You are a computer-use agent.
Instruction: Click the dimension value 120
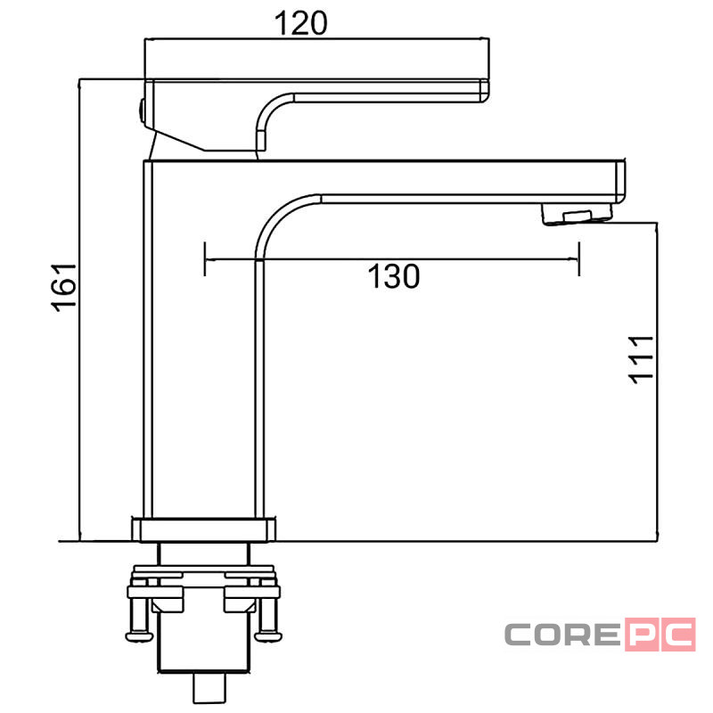pyautogui.click(x=300, y=23)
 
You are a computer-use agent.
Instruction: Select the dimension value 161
pyautogui.click(x=63, y=287)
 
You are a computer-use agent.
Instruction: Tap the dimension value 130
pyautogui.click(x=394, y=276)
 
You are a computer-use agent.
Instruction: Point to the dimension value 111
pyautogui.click(x=641, y=360)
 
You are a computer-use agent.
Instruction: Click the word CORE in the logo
pyautogui.click(x=562, y=634)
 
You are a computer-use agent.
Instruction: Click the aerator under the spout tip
pyautogui.click(x=577, y=214)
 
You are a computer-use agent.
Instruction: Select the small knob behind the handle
pyautogui.click(x=142, y=111)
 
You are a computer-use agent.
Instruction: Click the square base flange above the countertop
pyautogui.click(x=204, y=529)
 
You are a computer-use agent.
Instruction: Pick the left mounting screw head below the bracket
pyautogui.click(x=139, y=635)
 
